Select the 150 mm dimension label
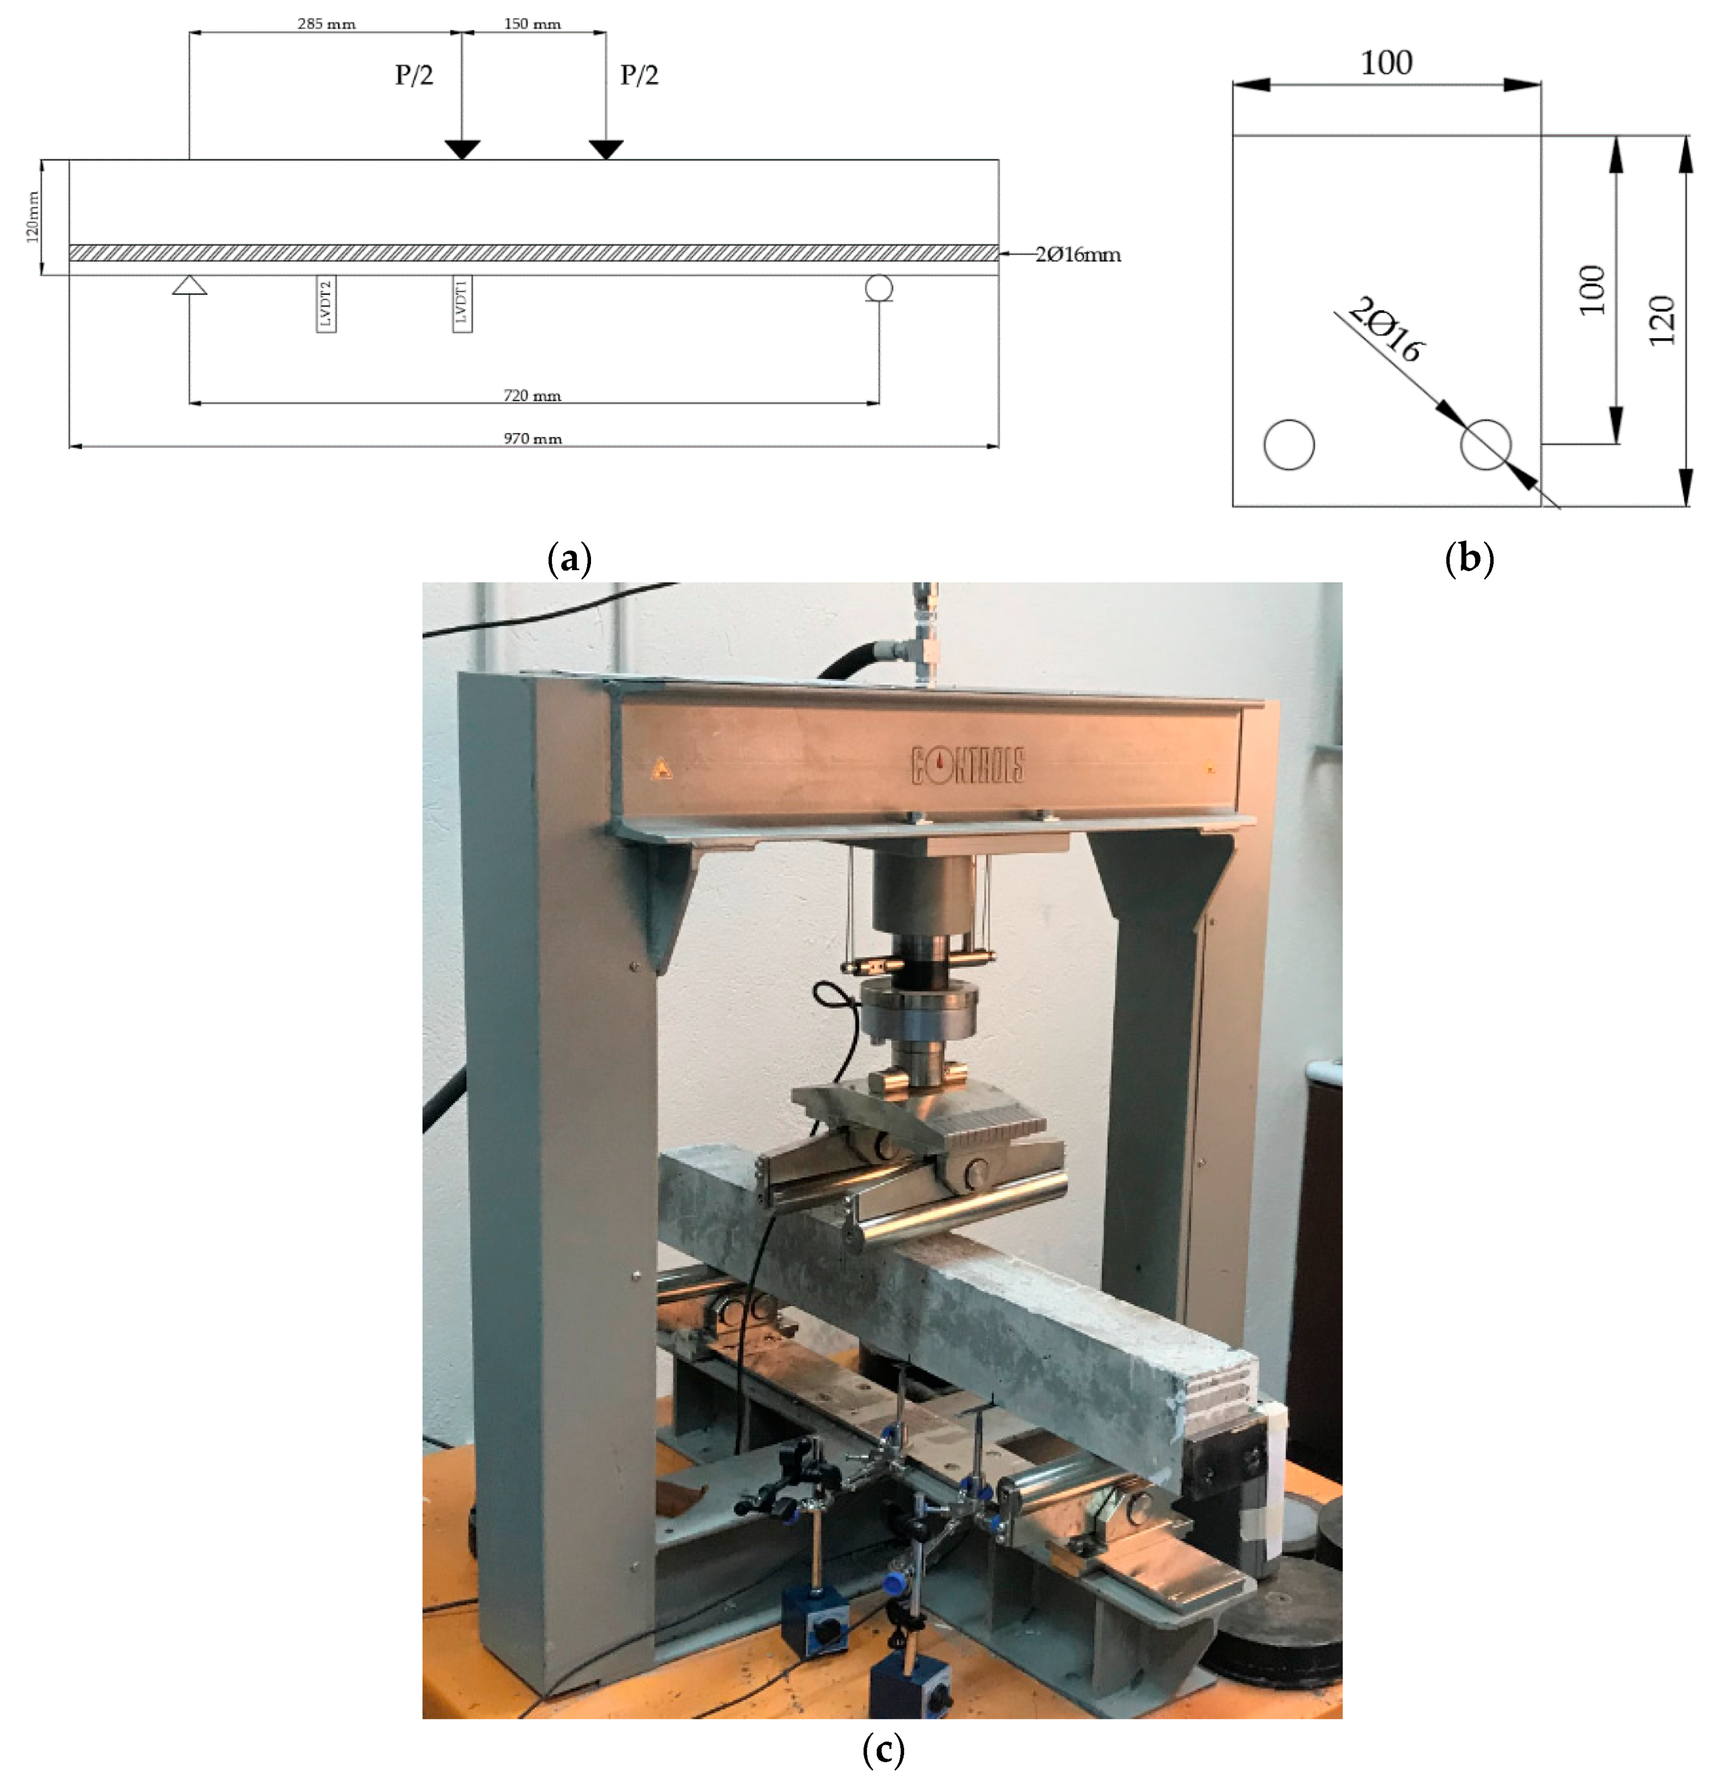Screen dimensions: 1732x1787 pyautogui.click(x=533, y=24)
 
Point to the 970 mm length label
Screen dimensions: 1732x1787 pyautogui.click(x=533, y=438)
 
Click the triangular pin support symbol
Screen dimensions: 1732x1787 pyautogui.click(x=190, y=286)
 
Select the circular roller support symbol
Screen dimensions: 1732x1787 pyautogui.click(x=879, y=288)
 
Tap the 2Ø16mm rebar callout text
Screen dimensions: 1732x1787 pyautogui.click(x=1078, y=254)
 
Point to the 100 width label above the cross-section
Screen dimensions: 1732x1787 pyautogui.click(x=1386, y=63)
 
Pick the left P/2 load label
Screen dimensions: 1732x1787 pyautogui.click(x=414, y=75)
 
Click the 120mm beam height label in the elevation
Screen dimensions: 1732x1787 pyautogui.click(x=33, y=217)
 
